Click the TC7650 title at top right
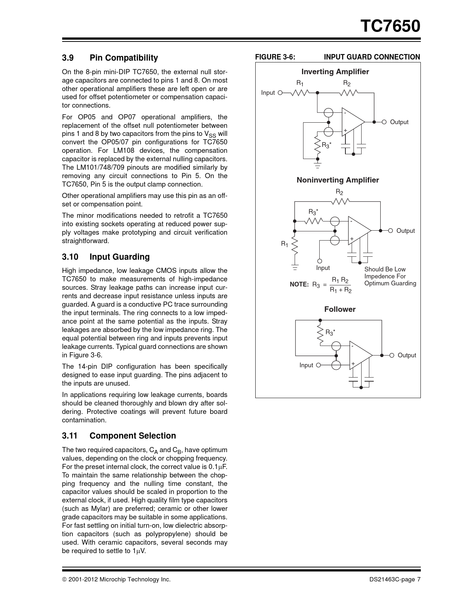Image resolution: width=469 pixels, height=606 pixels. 390,26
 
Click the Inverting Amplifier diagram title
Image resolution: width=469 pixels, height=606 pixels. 335,72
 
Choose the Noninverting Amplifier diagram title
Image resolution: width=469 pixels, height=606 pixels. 338,180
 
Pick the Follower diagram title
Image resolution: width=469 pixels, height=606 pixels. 340,309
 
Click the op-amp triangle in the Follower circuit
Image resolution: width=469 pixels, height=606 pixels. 359,355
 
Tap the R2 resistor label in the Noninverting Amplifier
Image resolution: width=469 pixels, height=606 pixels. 340,192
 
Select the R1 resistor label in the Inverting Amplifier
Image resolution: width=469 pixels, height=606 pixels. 300,83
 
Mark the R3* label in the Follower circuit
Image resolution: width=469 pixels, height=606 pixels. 330,333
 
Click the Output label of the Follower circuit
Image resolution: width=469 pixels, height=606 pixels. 407,356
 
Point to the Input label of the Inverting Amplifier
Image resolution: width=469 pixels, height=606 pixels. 268,93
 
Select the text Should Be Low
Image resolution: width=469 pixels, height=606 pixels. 385,270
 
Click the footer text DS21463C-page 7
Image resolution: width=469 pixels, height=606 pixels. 395,580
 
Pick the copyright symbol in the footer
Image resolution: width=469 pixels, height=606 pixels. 64,580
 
